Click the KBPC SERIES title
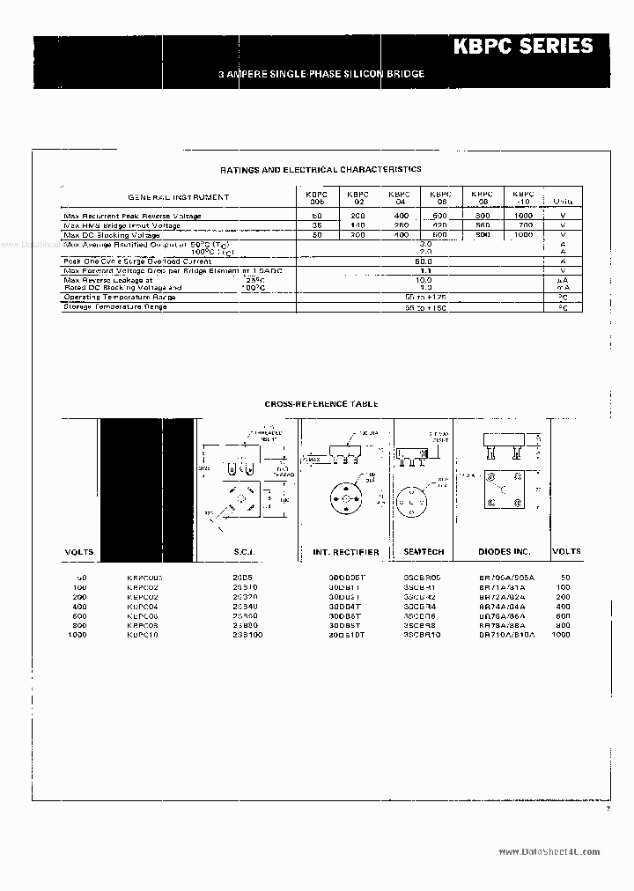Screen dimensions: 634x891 click(535, 47)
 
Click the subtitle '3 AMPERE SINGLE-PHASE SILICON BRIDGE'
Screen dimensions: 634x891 click(321, 74)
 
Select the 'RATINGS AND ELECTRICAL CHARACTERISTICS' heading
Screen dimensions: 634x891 click(321, 169)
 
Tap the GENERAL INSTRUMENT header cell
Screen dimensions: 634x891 click(179, 197)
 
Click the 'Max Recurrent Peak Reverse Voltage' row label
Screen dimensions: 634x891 click(132, 216)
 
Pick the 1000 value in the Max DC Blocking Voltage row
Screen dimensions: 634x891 click(523, 235)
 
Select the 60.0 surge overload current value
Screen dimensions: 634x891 click(424, 261)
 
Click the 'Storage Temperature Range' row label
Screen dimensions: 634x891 click(114, 306)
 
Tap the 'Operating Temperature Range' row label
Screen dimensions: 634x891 click(119, 298)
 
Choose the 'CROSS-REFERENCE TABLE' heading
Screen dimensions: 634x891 click(321, 404)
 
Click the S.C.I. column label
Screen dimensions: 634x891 click(242, 552)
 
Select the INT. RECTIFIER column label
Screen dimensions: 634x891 click(346, 552)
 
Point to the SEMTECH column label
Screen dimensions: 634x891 click(424, 552)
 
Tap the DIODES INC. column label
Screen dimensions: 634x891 click(505, 552)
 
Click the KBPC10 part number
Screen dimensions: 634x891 click(144, 634)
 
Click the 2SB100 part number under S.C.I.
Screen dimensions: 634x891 click(243, 634)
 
